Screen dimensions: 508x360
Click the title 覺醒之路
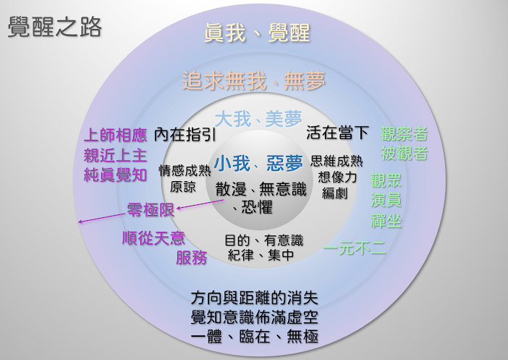click(55, 27)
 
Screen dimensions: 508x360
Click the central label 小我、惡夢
click(258, 162)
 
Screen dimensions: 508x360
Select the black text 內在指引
click(185, 134)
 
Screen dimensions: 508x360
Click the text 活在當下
click(338, 133)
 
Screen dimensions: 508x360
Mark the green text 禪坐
click(386, 220)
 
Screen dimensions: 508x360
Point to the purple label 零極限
click(151, 211)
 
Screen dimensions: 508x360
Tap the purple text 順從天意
click(154, 238)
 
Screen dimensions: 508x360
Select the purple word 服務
click(191, 257)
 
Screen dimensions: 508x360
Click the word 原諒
click(183, 186)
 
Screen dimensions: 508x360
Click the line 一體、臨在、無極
click(254, 337)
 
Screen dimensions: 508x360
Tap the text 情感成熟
click(185, 171)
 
